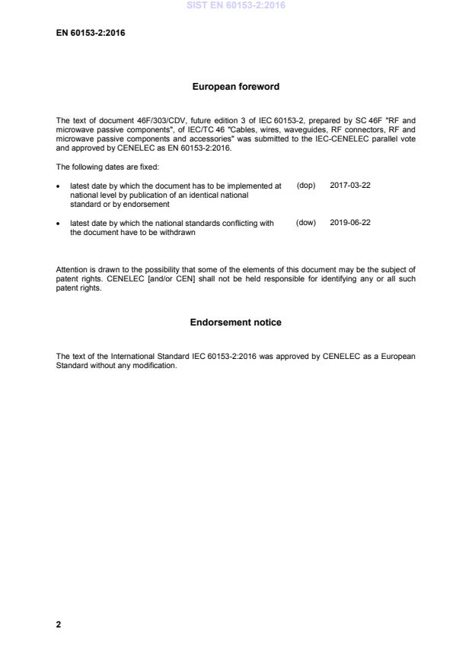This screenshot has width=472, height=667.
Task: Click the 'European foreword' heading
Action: pos(235,87)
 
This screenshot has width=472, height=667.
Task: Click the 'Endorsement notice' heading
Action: pos(235,322)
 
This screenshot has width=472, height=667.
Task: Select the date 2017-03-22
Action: pos(350,186)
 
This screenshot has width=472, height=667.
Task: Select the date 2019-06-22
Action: pos(350,223)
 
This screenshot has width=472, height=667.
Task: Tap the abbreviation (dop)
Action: pos(306,186)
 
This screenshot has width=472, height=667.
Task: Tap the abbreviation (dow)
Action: pos(306,223)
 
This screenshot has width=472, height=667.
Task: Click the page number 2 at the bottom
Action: pos(59,624)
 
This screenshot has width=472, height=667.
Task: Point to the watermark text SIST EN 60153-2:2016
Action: pos(235,6)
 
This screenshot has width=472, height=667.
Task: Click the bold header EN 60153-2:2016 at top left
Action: pos(90,33)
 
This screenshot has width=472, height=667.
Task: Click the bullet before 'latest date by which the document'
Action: pos(59,186)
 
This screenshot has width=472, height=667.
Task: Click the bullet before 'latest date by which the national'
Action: pos(59,224)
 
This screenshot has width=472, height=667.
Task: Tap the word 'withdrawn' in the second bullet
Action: pos(178,232)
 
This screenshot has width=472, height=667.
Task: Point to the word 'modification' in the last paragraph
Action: pos(155,365)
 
